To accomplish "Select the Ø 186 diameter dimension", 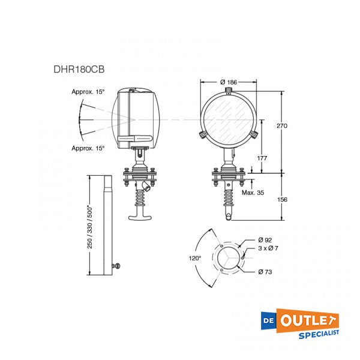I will tap(229, 82).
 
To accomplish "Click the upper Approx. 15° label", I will tap(88, 92).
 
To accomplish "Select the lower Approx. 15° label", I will tap(88, 148).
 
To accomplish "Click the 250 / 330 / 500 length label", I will tap(90, 225).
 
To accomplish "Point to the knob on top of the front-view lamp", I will tap(229, 91).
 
